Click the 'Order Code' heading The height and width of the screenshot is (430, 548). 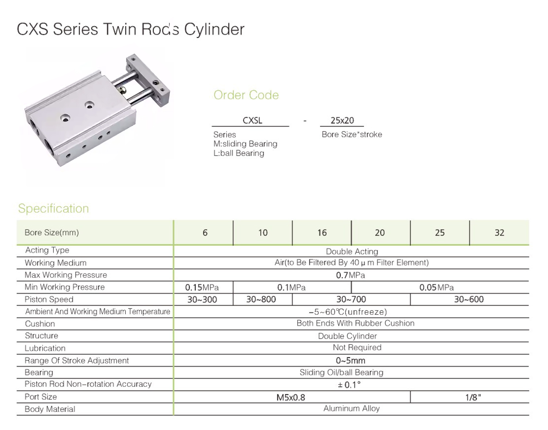[x=246, y=95]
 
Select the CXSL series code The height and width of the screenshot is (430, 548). [x=252, y=120]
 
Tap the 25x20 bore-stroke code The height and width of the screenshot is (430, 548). [x=342, y=120]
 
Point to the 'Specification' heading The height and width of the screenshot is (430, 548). [x=53, y=208]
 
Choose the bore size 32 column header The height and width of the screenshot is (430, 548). [x=499, y=233]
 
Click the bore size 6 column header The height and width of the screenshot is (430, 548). [x=205, y=233]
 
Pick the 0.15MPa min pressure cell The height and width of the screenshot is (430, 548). [x=202, y=288]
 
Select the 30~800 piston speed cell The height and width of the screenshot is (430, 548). [x=261, y=300]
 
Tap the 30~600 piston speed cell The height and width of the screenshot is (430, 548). [x=469, y=300]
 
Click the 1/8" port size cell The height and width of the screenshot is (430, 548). [x=473, y=397]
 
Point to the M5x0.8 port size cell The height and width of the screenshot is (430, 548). [x=291, y=397]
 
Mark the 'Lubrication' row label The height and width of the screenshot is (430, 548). [x=45, y=348]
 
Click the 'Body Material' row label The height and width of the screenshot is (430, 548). [x=50, y=409]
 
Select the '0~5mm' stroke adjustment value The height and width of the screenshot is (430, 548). [x=350, y=361]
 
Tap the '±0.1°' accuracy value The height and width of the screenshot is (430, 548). [x=349, y=385]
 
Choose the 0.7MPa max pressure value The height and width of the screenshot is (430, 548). [x=350, y=275]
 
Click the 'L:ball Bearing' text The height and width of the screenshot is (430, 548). [x=239, y=153]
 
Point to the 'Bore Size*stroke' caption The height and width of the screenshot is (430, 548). [x=352, y=134]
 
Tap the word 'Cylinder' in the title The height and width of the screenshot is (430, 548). [x=214, y=29]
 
